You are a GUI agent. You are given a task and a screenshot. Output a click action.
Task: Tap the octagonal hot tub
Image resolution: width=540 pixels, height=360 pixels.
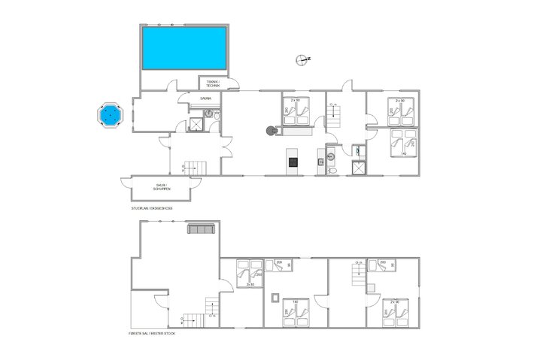pyautogui.click(x=111, y=115)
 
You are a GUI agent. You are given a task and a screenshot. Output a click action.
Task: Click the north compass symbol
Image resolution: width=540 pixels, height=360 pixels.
pyautogui.click(x=302, y=59)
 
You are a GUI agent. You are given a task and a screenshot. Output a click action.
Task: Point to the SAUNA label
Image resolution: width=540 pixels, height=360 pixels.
pyautogui.click(x=205, y=98)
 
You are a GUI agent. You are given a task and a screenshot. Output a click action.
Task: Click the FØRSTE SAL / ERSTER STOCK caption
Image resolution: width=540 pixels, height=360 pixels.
pyautogui.click(x=153, y=331)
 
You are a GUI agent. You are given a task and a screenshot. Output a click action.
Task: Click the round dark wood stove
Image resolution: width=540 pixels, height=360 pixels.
pyautogui.click(x=270, y=131)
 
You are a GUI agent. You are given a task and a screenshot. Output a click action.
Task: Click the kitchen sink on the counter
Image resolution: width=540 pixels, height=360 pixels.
pyautogui.click(x=320, y=161)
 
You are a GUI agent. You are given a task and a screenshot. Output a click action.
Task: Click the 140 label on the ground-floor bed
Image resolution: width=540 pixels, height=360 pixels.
pyautogui.click(x=405, y=154)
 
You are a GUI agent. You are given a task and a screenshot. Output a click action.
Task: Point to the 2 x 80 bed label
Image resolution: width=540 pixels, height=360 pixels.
pyautogui.click(x=249, y=284)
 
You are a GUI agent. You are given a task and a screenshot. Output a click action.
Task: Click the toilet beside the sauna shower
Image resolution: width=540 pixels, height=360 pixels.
pyautogui.click(x=215, y=118)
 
